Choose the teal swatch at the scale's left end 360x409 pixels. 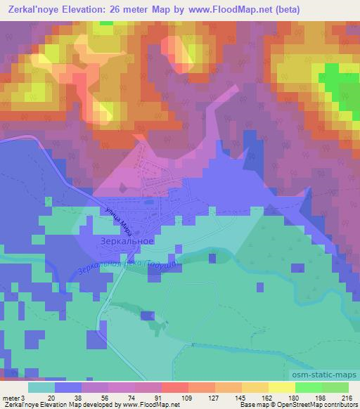[x=41, y=387]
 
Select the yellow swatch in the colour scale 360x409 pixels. [x=281, y=387]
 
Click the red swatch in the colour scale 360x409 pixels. [x=175, y=387]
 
